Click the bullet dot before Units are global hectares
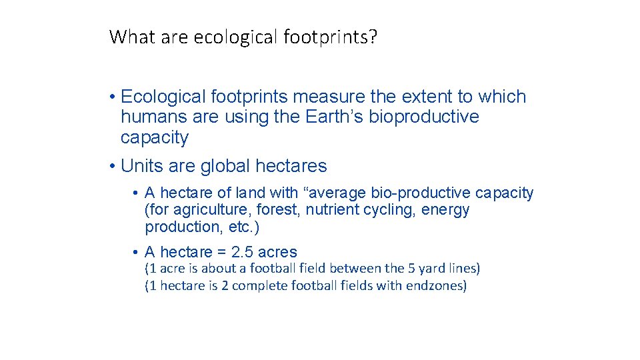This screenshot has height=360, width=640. tap(113, 166)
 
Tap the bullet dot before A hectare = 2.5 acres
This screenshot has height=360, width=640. tap(135, 253)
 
